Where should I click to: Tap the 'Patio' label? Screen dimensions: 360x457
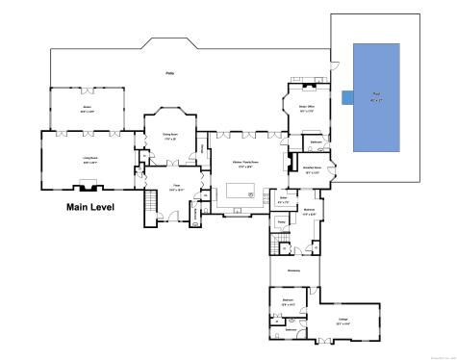(169, 74)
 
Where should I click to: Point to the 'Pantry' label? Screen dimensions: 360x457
(282, 222)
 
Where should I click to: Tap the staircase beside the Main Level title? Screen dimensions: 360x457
(150, 205)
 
